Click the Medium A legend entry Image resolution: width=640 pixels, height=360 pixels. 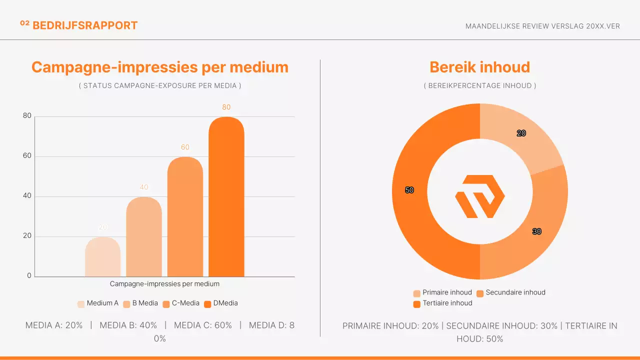tap(98, 303)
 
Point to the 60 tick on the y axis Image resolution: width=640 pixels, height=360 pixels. tap(27, 156)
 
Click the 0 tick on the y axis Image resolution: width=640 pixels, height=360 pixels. tap(29, 276)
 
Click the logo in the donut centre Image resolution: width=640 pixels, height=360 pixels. tap(480, 196)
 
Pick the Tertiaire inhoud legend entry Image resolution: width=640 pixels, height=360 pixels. tap(442, 303)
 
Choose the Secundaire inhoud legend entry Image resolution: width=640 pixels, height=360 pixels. tap(510, 292)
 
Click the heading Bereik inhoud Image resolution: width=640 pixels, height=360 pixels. tap(480, 67)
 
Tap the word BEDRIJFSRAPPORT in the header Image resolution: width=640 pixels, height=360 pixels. tap(85, 25)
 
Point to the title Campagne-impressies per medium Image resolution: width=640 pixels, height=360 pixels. tap(160, 67)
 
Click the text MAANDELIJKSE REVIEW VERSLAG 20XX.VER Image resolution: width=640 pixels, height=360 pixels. tap(542, 26)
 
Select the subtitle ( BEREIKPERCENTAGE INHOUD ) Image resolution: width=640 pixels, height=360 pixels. tap(480, 85)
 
